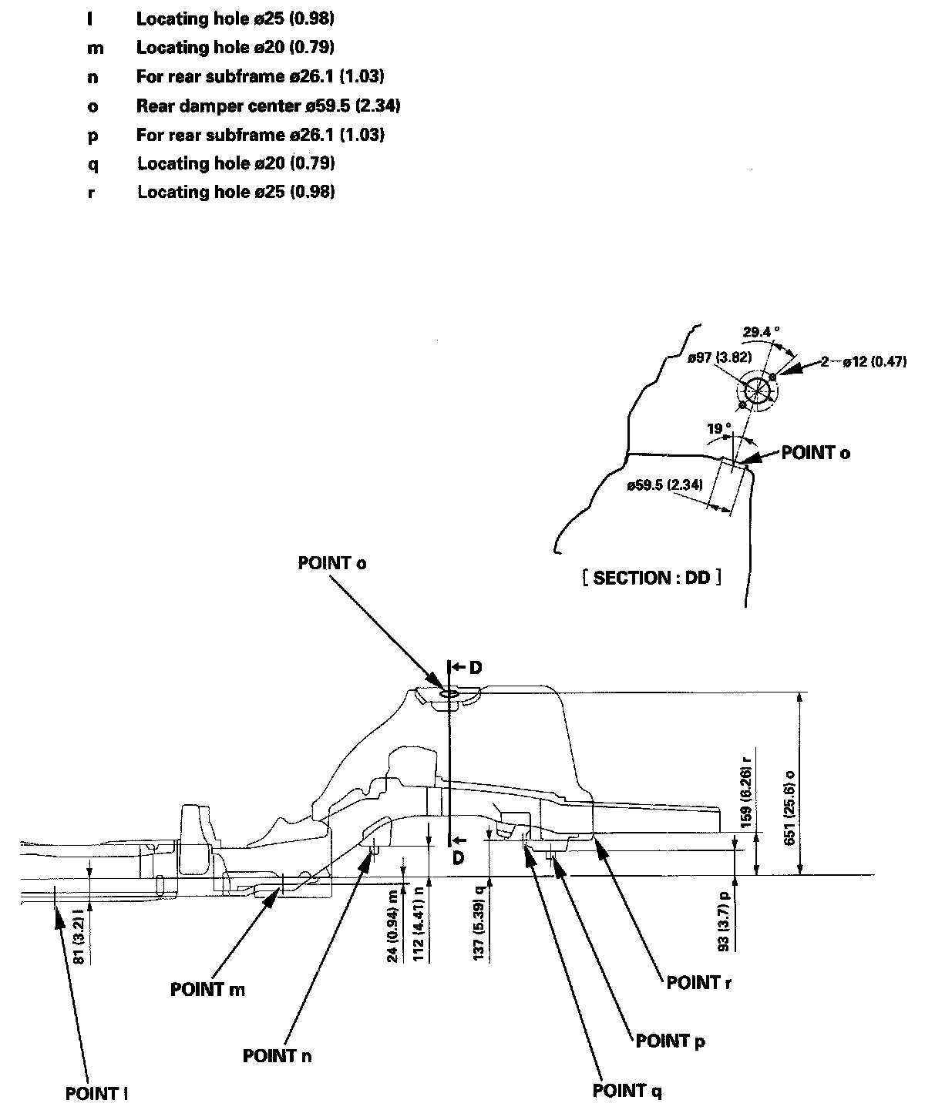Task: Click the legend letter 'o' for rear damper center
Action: tap(92, 107)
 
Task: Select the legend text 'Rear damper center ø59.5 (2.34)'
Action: tap(268, 106)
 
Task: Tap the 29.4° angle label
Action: tap(762, 332)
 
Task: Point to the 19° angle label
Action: tap(719, 428)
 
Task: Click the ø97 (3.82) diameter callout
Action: tap(719, 357)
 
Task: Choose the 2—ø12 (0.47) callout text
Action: tap(864, 361)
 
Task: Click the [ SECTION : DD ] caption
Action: tap(652, 578)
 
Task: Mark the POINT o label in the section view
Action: tap(816, 453)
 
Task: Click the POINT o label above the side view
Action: tap(332, 563)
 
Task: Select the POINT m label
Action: tap(208, 990)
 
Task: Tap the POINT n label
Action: tap(277, 1056)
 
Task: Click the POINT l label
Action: tap(96, 1094)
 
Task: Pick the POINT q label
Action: tap(627, 1091)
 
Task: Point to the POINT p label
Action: tap(671, 1041)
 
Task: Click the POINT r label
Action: tap(699, 983)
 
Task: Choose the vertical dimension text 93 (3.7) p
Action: tap(725, 921)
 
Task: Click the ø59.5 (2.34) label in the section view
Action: tap(664, 485)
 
